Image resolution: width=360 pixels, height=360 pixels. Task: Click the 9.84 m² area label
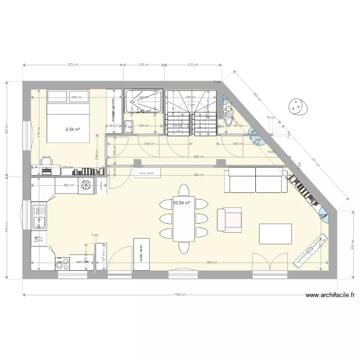tap(73, 129)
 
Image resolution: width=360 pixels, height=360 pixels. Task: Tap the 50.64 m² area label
tap(182, 203)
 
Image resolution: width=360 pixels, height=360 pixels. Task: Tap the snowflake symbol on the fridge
tap(87, 185)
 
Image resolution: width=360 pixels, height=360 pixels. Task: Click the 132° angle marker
tap(258, 140)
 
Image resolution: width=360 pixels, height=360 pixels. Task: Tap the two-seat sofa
tap(255, 179)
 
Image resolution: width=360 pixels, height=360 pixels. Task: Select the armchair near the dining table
tap(229, 220)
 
